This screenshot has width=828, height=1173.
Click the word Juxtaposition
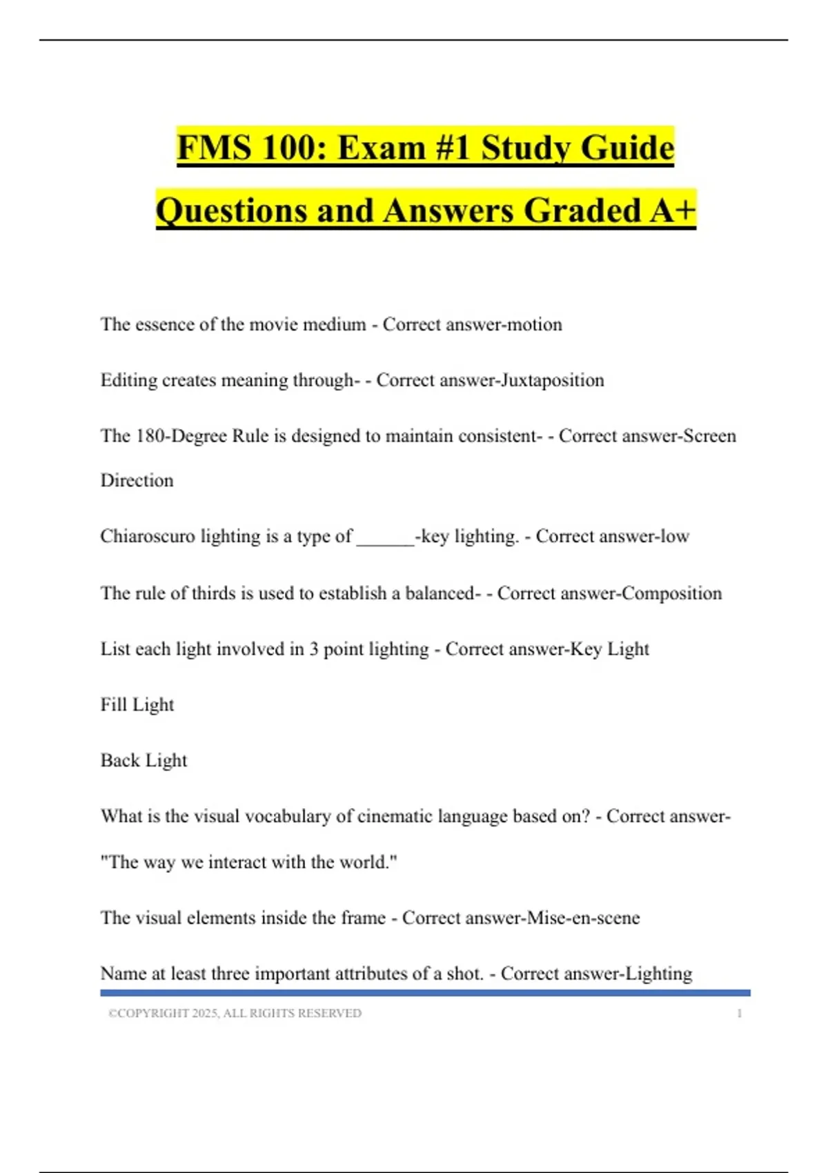point(552,380)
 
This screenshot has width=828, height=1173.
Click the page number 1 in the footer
point(739,1013)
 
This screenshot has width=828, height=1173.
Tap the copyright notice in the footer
point(235,1013)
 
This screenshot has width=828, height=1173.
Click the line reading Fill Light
point(137,704)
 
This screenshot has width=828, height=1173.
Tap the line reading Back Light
point(144,760)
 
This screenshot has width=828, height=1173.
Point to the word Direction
point(137,480)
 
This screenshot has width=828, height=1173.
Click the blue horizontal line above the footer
point(425,993)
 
